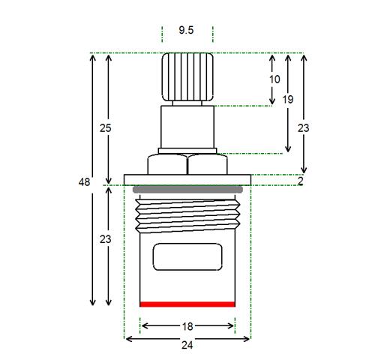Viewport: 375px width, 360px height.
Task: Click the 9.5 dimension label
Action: coord(186,30)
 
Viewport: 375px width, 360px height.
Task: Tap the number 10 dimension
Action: coord(274,79)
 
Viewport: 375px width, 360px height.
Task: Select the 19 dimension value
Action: coord(288,100)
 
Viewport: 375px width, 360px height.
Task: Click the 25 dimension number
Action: coord(105,128)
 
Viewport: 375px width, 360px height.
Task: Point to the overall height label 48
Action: coord(84,182)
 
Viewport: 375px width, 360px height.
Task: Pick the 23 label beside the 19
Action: coord(304,128)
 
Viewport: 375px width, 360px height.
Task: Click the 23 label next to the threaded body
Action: coord(105,239)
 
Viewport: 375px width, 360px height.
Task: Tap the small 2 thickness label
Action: coord(301,181)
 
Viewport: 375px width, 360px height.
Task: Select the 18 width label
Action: coord(187,326)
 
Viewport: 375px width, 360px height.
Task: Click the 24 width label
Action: coord(187,345)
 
